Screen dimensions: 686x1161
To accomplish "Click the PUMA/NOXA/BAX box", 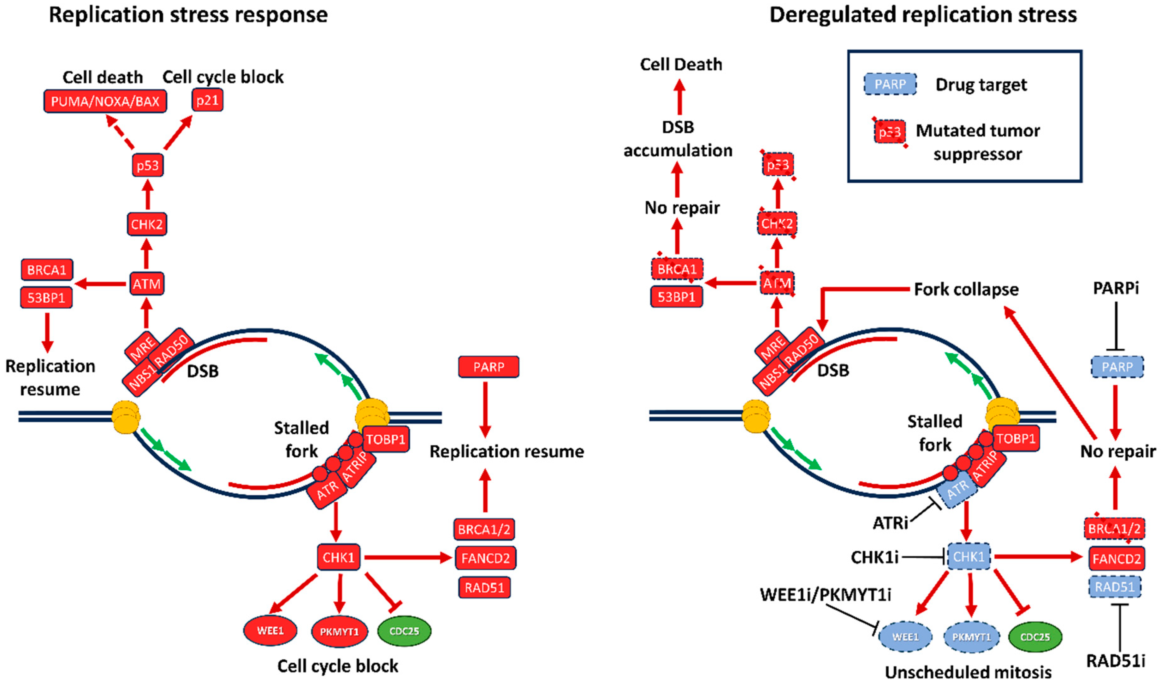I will (x=105, y=101).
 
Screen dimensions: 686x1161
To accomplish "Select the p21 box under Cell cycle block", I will (x=207, y=100).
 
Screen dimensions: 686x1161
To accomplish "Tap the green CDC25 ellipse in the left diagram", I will (x=404, y=631).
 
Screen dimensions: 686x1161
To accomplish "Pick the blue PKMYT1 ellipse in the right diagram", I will (x=971, y=637).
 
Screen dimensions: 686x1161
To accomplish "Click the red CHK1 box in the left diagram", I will (x=338, y=557).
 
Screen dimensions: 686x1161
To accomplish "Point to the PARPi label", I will (x=1116, y=288).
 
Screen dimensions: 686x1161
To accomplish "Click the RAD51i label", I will (x=1115, y=661).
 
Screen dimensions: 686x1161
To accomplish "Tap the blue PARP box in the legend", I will (x=890, y=84).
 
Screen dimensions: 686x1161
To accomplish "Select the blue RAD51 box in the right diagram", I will (x=1115, y=587).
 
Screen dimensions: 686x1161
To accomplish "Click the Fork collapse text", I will (x=966, y=290).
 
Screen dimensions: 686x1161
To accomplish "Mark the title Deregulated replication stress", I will (x=923, y=15).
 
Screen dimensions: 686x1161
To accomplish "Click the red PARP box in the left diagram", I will (x=489, y=367).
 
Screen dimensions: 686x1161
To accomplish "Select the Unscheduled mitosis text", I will (x=968, y=672).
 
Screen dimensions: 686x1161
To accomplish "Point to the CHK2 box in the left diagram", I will (x=147, y=225).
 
